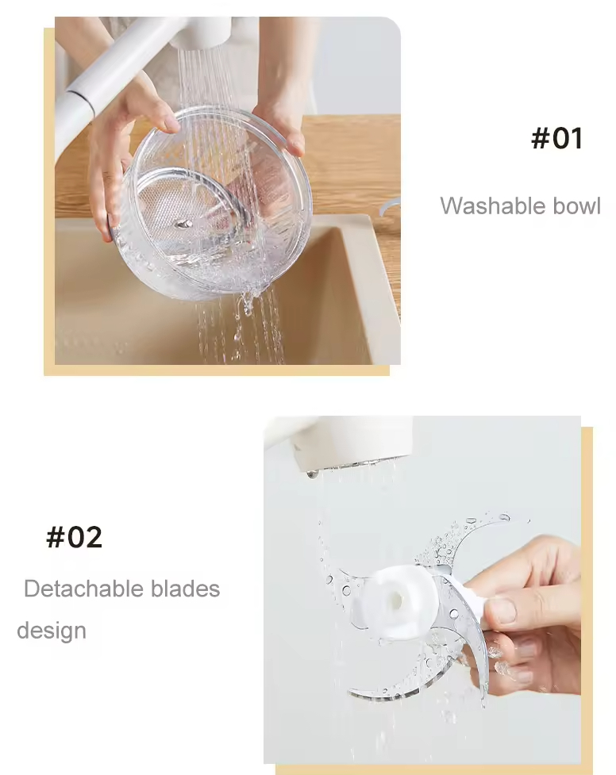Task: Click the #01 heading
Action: [556, 139]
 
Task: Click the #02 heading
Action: [75, 537]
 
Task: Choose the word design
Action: [52, 631]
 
